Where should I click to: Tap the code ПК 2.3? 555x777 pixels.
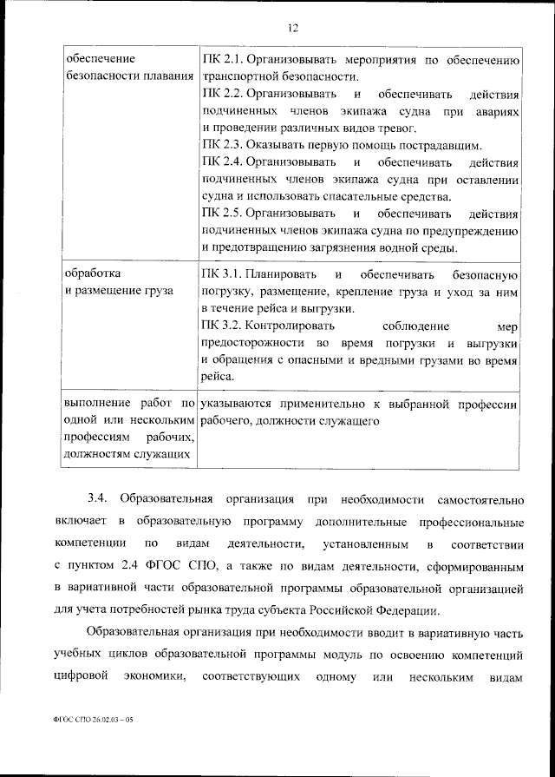pos(221,145)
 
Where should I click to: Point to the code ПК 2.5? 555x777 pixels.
pos(221,213)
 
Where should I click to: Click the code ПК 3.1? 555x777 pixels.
pos(221,275)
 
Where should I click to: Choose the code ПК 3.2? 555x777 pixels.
pos(221,326)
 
